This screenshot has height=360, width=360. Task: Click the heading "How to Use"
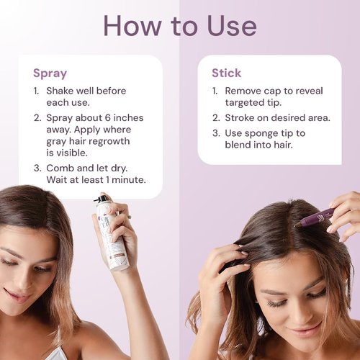point(179,26)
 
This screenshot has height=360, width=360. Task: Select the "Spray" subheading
point(50,73)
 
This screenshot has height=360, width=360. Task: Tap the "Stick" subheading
point(226,73)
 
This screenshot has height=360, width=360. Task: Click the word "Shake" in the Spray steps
point(63,91)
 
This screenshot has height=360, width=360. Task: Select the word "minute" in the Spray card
point(127,180)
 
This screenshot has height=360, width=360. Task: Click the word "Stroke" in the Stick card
point(242,117)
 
